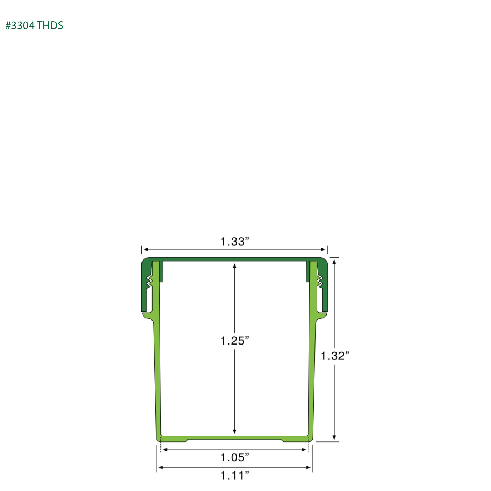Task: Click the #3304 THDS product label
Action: pos(34,25)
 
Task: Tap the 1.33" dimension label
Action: pos(235,241)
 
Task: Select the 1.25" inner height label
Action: pos(235,341)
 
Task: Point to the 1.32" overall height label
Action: pos(335,356)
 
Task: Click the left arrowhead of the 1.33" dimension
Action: pos(146,249)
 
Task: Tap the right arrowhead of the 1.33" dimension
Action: pos(323,249)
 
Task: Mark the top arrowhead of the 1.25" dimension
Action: pos(235,266)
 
